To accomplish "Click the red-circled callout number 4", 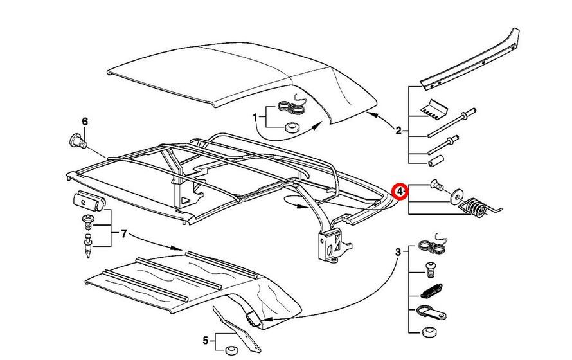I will click(400, 191).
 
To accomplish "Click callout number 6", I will click(83, 121).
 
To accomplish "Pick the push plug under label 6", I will click(76, 139).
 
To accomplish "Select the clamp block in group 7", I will click(88, 201).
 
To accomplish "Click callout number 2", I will click(398, 131).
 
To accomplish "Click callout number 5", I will click(205, 339).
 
